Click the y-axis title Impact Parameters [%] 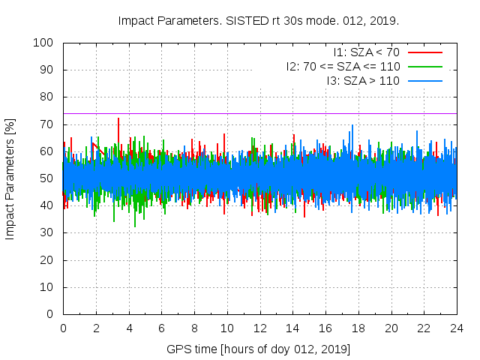[10, 178]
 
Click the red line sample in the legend [424, 52]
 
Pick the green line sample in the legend [424, 66]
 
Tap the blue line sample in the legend [424, 79]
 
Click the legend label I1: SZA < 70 [366, 52]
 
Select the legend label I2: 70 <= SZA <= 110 [342, 66]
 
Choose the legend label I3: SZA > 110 [363, 79]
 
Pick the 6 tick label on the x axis [162, 328]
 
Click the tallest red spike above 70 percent [118, 120]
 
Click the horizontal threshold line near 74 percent [300, 113]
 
